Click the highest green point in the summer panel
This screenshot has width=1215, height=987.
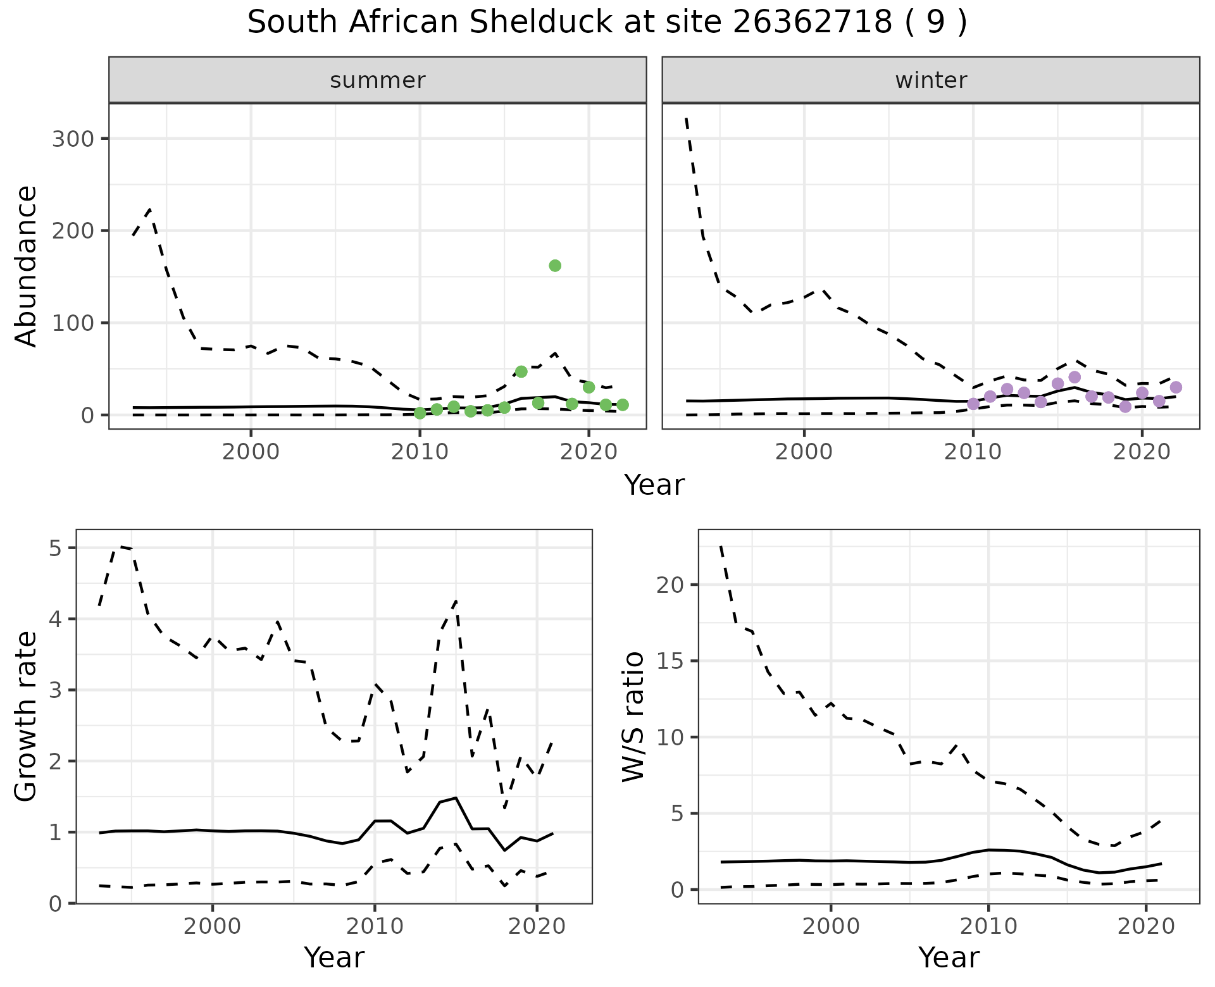tap(555, 266)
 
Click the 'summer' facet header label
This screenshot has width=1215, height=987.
tap(378, 80)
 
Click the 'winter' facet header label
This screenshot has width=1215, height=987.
tap(931, 80)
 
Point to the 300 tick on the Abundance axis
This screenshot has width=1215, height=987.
tap(72, 139)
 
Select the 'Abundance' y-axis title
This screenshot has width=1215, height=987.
tap(27, 266)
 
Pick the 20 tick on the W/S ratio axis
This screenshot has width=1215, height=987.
tap(671, 585)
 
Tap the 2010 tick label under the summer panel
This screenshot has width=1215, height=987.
tap(420, 452)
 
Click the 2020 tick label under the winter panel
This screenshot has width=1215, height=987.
tap(1142, 452)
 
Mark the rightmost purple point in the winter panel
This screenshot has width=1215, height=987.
tap(1176, 387)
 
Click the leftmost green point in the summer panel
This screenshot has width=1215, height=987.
tap(420, 413)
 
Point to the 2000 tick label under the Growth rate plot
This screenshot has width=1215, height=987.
tap(213, 927)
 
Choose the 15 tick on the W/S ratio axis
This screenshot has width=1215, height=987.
tap(671, 661)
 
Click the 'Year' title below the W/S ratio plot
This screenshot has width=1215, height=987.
tap(949, 958)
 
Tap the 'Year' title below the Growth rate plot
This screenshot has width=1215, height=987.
tap(334, 958)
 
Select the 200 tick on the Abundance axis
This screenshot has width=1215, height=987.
tap(72, 231)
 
